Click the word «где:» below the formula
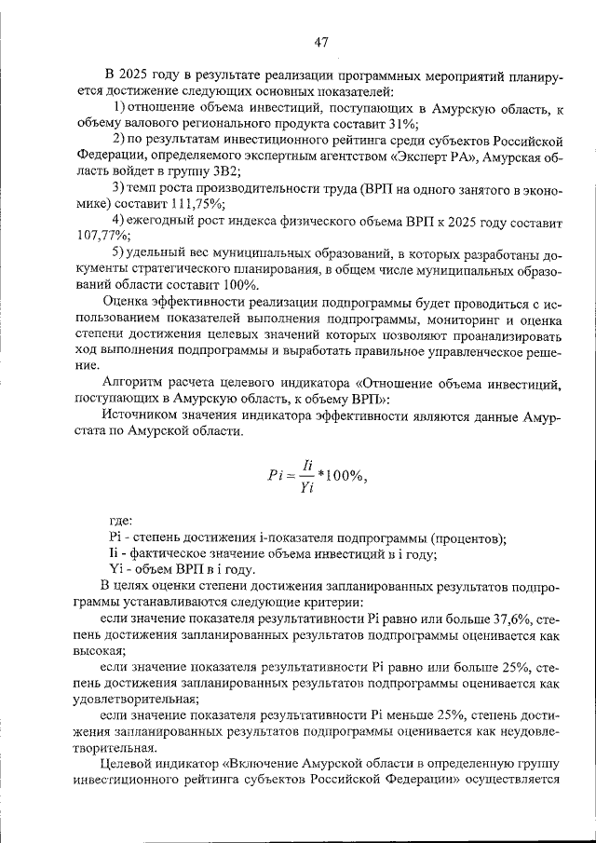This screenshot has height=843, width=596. click(x=121, y=520)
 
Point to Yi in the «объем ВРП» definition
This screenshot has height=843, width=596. click(x=116, y=569)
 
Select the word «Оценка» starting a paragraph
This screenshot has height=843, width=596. click(x=128, y=302)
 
